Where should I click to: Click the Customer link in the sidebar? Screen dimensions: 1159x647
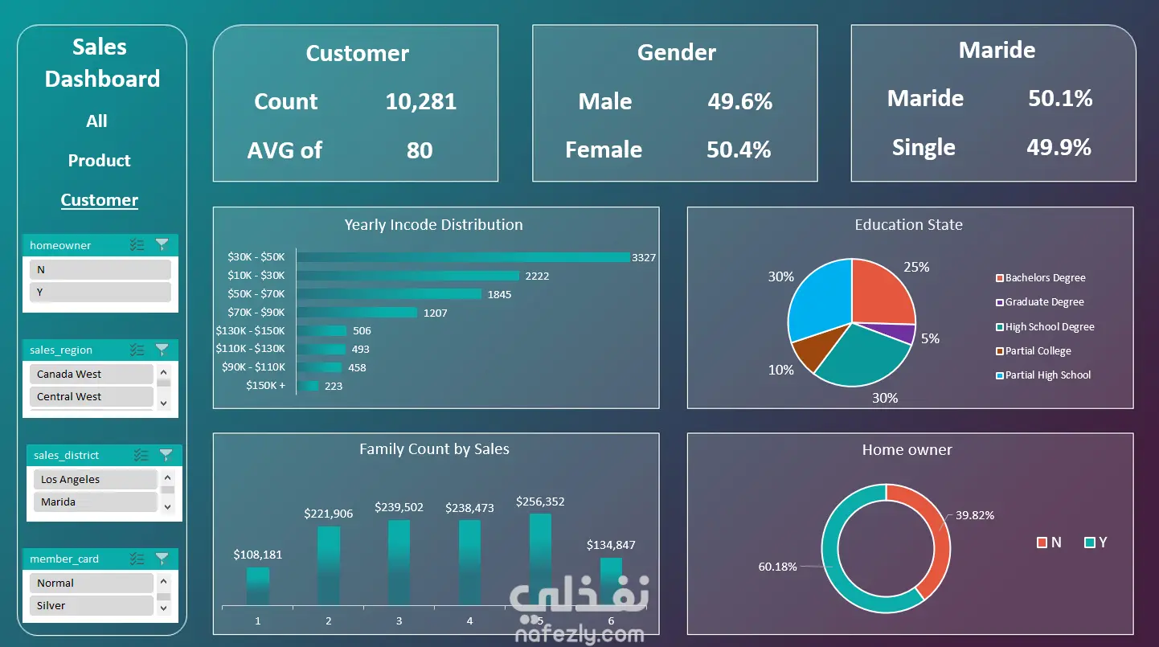[100, 200]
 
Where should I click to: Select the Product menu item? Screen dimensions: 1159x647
[100, 161]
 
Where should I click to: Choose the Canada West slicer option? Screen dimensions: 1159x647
[91, 374]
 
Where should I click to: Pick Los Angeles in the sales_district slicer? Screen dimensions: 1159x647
[95, 479]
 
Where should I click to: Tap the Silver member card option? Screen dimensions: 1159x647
[91, 605]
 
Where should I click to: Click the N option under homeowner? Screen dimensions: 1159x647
[100, 270]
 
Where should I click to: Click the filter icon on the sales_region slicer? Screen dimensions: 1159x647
[162, 350]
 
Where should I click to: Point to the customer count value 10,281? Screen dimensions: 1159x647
[421, 101]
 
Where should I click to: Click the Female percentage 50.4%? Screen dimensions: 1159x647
[739, 149]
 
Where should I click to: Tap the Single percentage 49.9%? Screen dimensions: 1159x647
[1059, 148]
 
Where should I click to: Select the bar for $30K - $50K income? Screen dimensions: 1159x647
[463, 257]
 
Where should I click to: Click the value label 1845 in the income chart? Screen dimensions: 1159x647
[499, 294]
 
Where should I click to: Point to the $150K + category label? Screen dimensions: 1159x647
[265, 386]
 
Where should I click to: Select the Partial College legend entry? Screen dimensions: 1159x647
[1034, 351]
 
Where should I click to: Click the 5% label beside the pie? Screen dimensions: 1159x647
[930, 338]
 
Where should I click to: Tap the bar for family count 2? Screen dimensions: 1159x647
[329, 566]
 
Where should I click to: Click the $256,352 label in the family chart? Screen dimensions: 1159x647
[540, 502]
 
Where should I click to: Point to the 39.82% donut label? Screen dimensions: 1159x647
[975, 515]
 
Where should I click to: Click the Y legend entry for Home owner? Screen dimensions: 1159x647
[1096, 542]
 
